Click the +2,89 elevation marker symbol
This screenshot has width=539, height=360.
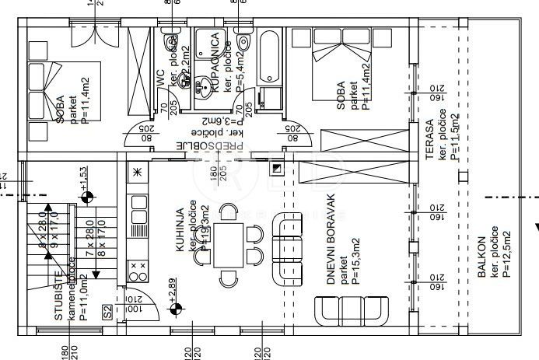[177, 309]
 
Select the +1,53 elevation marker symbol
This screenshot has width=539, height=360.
[87, 197]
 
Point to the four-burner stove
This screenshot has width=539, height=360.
[138, 272]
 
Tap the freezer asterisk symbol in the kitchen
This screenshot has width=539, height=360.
[138, 172]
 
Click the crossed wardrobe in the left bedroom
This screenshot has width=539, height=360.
[141, 70]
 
